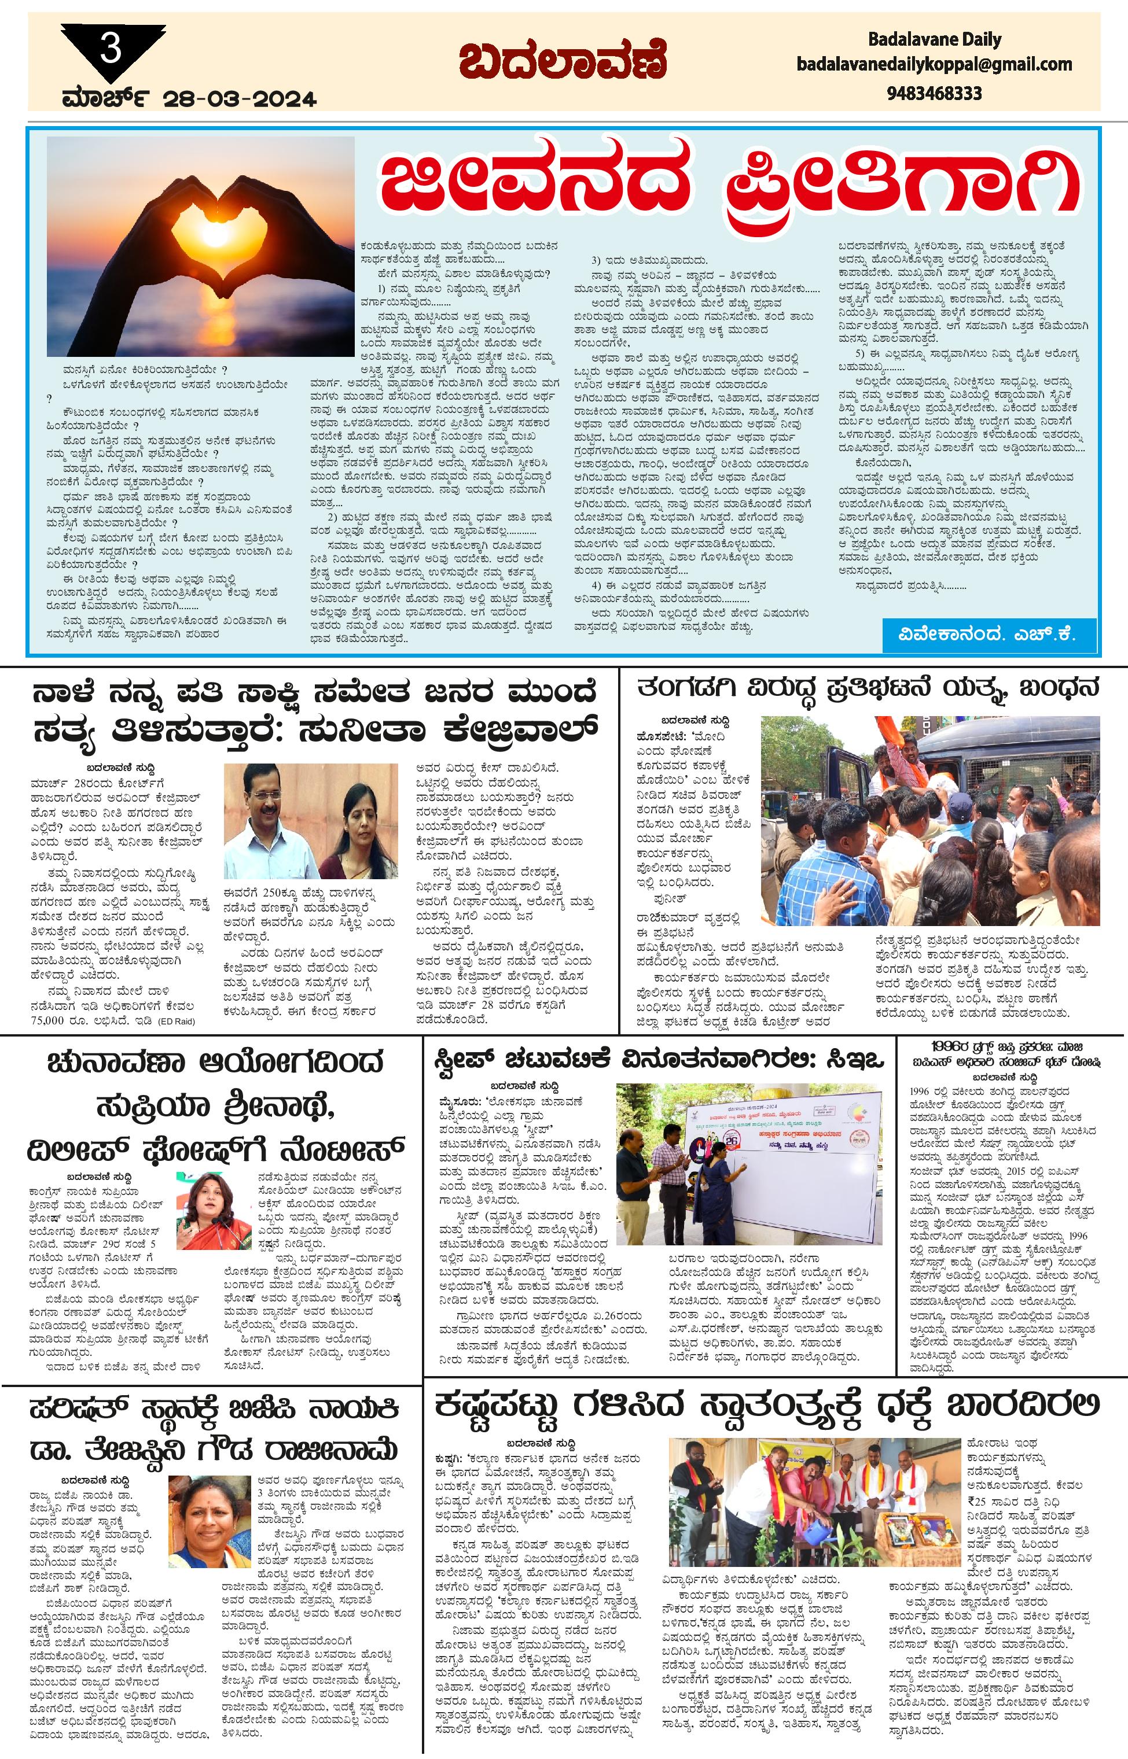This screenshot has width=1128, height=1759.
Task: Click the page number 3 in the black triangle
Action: [110, 50]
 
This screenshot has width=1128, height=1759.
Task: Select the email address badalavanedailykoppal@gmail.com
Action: [934, 64]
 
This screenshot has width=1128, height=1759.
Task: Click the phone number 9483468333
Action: [934, 94]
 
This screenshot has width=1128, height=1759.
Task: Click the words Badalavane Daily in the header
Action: [934, 39]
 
